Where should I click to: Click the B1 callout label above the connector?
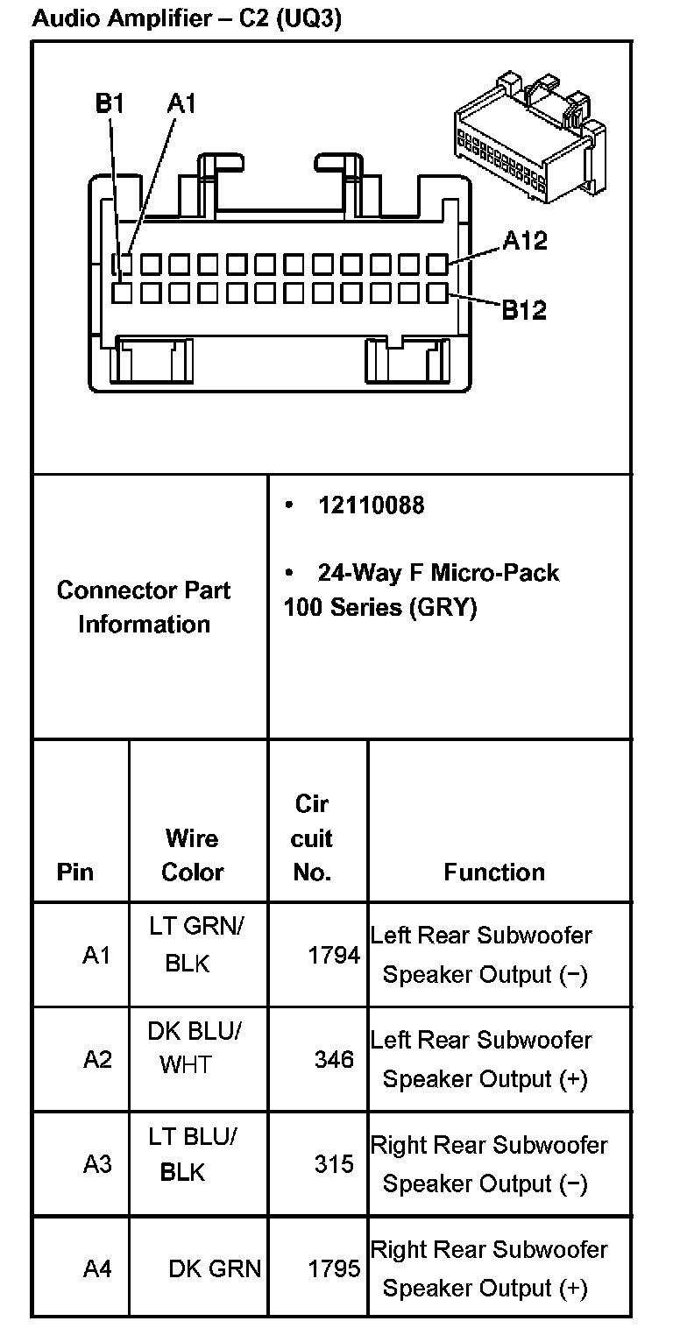tap(110, 104)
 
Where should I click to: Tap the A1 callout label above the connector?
tap(181, 104)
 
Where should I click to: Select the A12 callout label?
tap(525, 240)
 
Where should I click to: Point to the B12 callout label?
tap(524, 309)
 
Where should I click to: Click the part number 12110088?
tap(371, 505)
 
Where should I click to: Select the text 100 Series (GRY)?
tap(379, 607)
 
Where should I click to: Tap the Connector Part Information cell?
tap(144, 607)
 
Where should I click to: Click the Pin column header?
tap(75, 872)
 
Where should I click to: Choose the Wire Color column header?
tap(192, 855)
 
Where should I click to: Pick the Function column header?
tap(494, 872)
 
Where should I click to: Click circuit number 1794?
tap(334, 955)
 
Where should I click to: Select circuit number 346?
tap(334, 1059)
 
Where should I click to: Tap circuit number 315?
tap(334, 1164)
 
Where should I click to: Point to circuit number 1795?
tap(334, 1268)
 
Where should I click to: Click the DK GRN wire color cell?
tap(215, 1268)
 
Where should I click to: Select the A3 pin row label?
tap(97, 1164)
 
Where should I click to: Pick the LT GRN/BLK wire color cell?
tap(194, 945)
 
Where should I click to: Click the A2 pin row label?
tap(97, 1059)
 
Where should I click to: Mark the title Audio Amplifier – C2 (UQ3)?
tap(186, 18)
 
